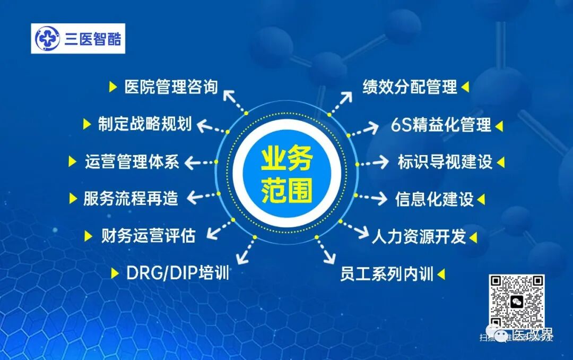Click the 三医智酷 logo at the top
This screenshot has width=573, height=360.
(x=78, y=38)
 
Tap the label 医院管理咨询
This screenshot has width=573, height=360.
(x=171, y=87)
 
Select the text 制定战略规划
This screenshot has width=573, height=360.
(x=144, y=124)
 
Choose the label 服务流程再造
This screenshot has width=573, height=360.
(x=131, y=199)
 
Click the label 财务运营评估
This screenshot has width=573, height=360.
(x=148, y=235)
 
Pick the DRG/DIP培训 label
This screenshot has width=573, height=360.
(x=178, y=273)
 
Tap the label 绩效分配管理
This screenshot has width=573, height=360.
(x=410, y=87)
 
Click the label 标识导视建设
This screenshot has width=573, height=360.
(x=445, y=162)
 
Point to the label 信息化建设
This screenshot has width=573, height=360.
(x=434, y=199)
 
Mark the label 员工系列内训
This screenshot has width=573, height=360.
(x=387, y=274)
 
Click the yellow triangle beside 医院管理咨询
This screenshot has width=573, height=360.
(x=112, y=87)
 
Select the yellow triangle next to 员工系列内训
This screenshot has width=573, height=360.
(x=440, y=275)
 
